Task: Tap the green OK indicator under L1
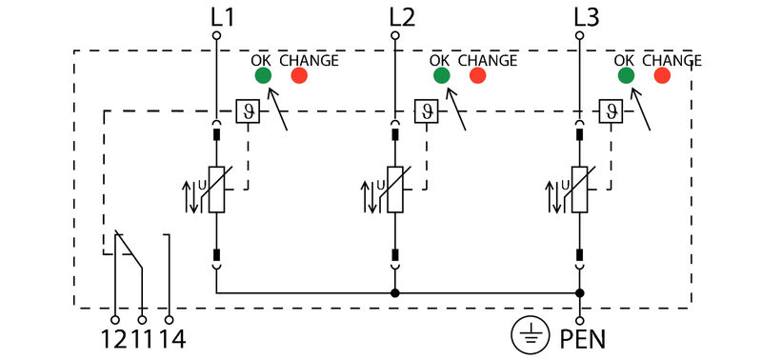click(262, 75)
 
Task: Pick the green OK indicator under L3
click(626, 75)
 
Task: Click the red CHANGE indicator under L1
click(299, 75)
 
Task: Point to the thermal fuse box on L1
click(248, 110)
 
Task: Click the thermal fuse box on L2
click(426, 110)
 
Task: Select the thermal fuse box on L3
click(611, 110)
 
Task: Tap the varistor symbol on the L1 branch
click(216, 190)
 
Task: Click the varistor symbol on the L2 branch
click(394, 190)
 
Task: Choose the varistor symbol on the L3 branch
click(579, 190)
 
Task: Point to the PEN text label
click(582, 337)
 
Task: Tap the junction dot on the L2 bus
click(394, 293)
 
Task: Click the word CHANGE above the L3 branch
click(672, 60)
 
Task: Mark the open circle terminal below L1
click(216, 35)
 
